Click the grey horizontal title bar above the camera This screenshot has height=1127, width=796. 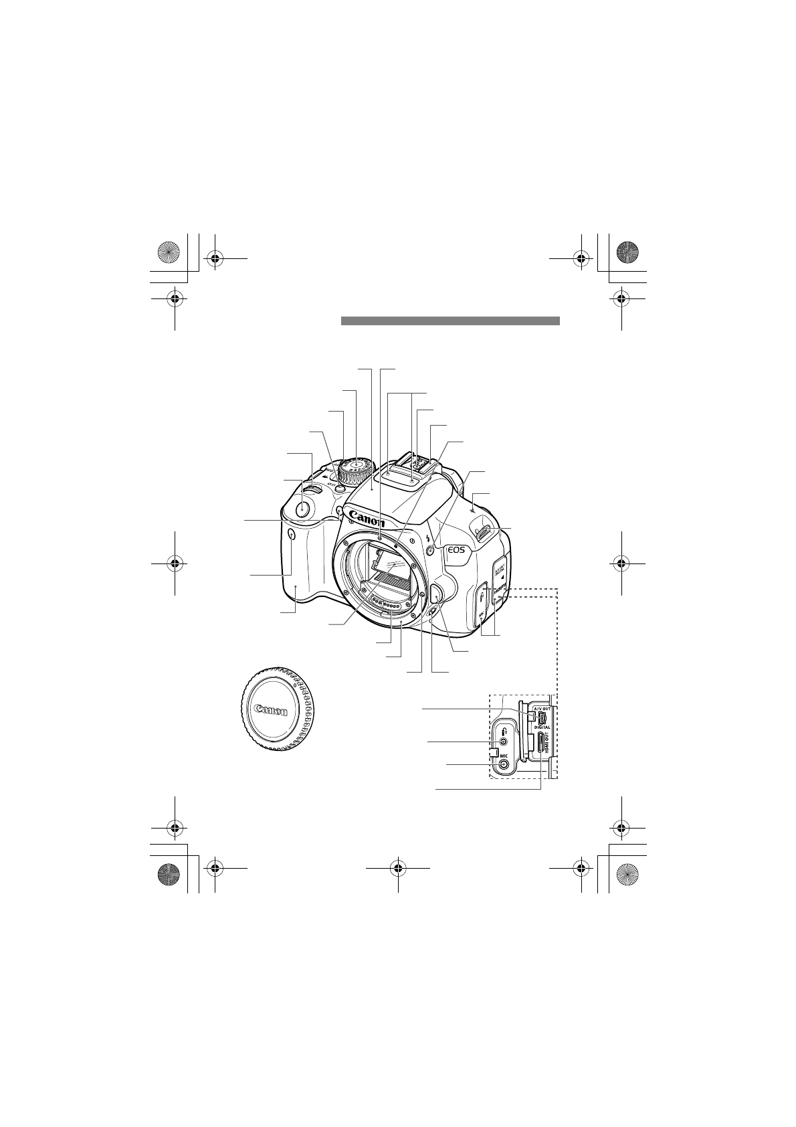[x=450, y=321]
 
